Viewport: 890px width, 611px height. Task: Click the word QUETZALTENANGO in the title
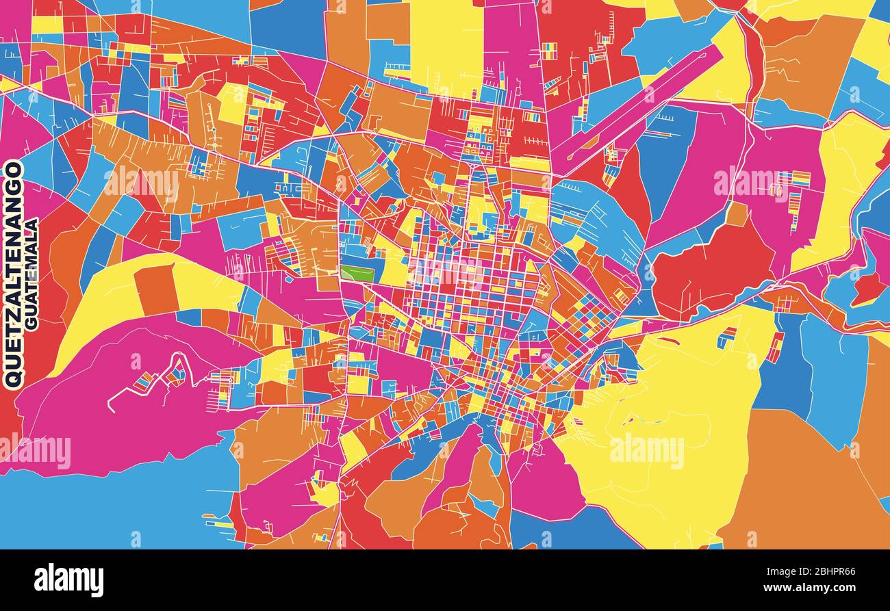(14, 274)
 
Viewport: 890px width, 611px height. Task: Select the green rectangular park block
(357, 274)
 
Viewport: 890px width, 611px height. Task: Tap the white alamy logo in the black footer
(69, 580)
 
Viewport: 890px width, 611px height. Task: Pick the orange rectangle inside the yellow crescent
(155, 289)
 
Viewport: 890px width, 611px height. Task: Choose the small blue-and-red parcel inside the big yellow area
(726, 337)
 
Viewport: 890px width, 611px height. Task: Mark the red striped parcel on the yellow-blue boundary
(774, 347)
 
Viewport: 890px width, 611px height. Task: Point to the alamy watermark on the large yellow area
(646, 451)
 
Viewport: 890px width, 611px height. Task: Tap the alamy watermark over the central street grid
(445, 270)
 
